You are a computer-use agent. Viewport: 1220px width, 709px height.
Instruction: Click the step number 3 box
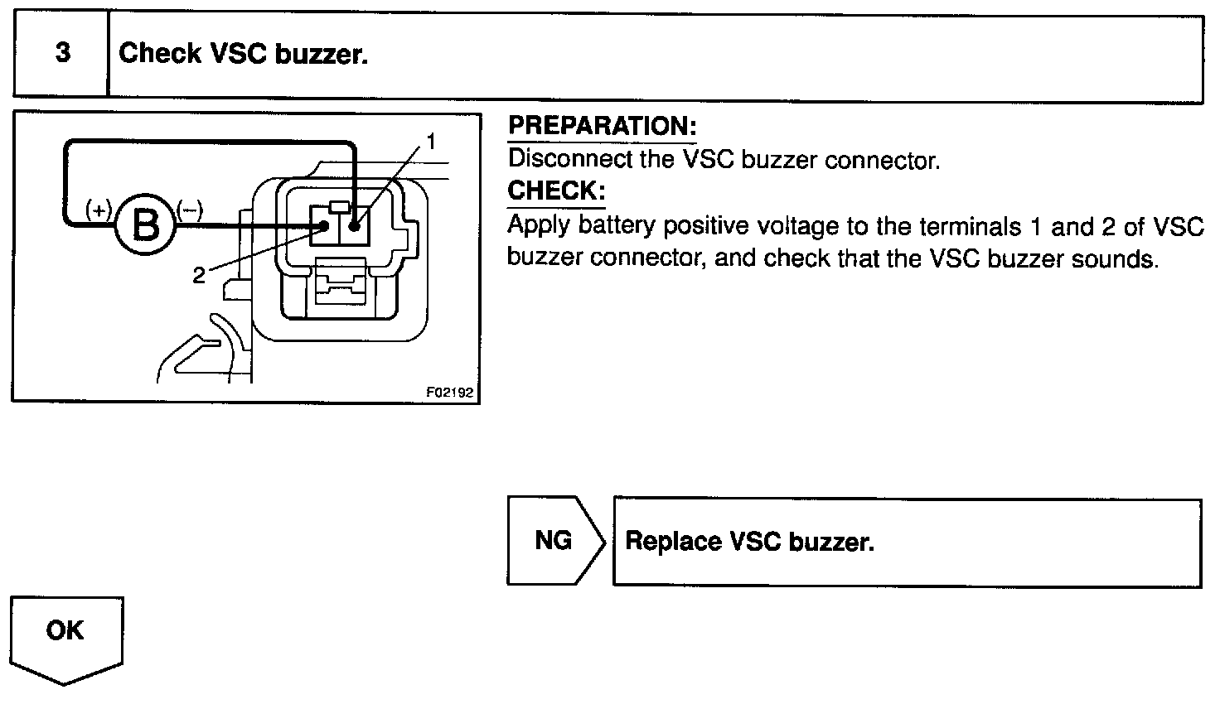click(x=62, y=54)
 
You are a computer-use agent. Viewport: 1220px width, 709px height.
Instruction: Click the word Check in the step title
click(x=160, y=54)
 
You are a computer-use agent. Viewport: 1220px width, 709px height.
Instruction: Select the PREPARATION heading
click(x=602, y=126)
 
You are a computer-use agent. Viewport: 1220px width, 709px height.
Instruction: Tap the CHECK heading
click(x=556, y=191)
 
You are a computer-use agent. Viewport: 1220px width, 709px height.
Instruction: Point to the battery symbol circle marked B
click(x=147, y=224)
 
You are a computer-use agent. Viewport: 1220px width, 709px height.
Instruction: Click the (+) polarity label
click(x=99, y=209)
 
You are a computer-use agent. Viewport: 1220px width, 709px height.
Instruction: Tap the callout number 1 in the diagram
click(x=431, y=141)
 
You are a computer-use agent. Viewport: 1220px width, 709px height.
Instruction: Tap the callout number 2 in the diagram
click(x=198, y=276)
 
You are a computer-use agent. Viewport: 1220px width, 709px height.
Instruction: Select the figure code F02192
click(x=450, y=393)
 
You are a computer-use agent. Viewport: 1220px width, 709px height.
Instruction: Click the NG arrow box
click(x=554, y=541)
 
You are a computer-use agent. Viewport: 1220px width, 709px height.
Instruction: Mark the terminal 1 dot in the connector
click(x=354, y=224)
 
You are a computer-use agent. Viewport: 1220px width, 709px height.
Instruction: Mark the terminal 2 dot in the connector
click(x=325, y=224)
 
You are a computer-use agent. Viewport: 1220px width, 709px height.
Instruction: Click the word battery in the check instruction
click(x=616, y=225)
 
